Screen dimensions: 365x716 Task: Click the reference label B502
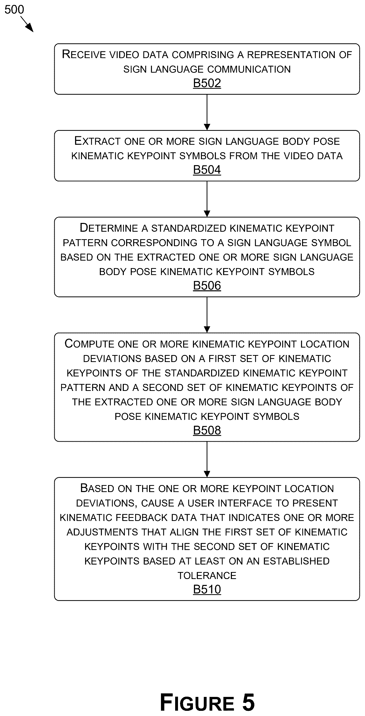coord(207,83)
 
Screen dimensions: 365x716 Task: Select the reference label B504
coord(207,170)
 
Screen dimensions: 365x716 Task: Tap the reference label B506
coord(207,285)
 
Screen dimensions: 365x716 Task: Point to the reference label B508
coord(207,430)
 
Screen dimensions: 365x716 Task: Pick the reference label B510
coord(207,589)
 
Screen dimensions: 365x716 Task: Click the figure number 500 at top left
coord(14,10)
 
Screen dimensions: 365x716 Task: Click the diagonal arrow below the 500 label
coord(27,24)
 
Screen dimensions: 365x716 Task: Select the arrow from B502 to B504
coord(207,112)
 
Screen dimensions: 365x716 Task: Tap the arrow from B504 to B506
coord(207,199)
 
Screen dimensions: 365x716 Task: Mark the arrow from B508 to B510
coord(207,460)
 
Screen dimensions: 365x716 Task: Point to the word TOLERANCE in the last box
coord(207,575)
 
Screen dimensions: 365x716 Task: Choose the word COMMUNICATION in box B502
coord(249,69)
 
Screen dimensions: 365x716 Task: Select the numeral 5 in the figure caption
coord(248,702)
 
